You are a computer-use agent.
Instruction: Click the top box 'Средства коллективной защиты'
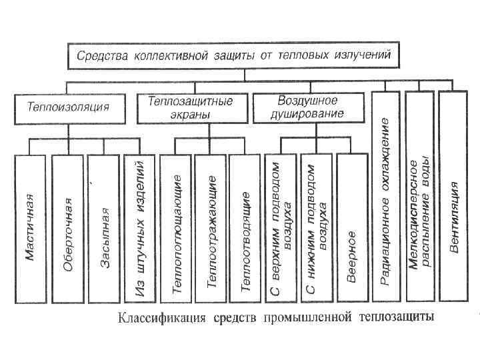(233, 55)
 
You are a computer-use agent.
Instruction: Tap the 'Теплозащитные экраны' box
(191, 107)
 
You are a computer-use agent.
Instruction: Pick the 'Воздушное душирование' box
(307, 107)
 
